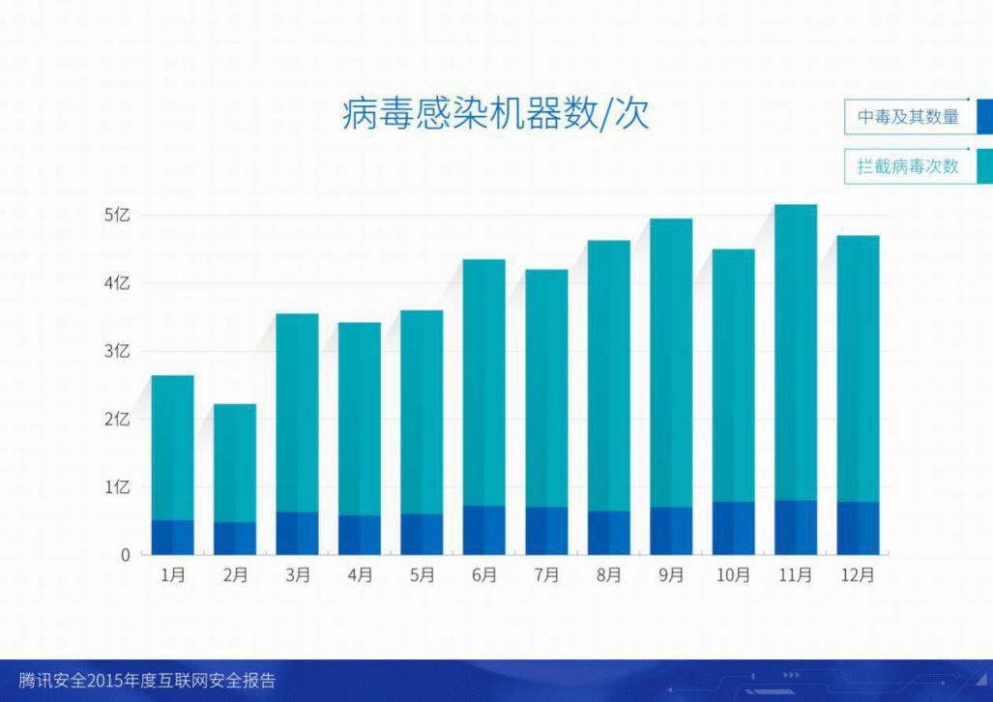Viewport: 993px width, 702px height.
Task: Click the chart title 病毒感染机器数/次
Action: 496,114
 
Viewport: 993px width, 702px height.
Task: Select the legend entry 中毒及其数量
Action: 908,117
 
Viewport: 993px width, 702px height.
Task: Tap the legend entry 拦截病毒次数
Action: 908,166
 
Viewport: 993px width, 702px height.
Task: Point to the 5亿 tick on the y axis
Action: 117,215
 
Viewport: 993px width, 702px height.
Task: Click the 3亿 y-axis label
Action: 117,351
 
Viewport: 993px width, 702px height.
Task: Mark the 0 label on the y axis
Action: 126,555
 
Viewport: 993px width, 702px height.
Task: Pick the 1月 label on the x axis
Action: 173,574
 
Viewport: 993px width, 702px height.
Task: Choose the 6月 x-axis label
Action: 484,574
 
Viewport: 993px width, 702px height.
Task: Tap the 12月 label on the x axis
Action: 858,574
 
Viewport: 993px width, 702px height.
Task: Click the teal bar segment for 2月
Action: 235,463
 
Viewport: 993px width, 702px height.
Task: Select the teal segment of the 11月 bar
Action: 796,352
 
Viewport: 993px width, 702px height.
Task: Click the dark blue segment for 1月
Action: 173,538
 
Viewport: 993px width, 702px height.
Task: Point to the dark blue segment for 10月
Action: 733,528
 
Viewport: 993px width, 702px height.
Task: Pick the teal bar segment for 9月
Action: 671,363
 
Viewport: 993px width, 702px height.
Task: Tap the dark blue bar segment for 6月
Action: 484,530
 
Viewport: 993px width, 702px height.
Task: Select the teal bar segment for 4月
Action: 360,419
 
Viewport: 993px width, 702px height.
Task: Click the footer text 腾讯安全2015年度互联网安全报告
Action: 147,681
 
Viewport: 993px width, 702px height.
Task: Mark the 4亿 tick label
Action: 117,282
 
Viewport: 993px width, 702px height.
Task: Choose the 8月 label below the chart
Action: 609,574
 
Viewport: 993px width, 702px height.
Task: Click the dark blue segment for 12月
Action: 858,528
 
